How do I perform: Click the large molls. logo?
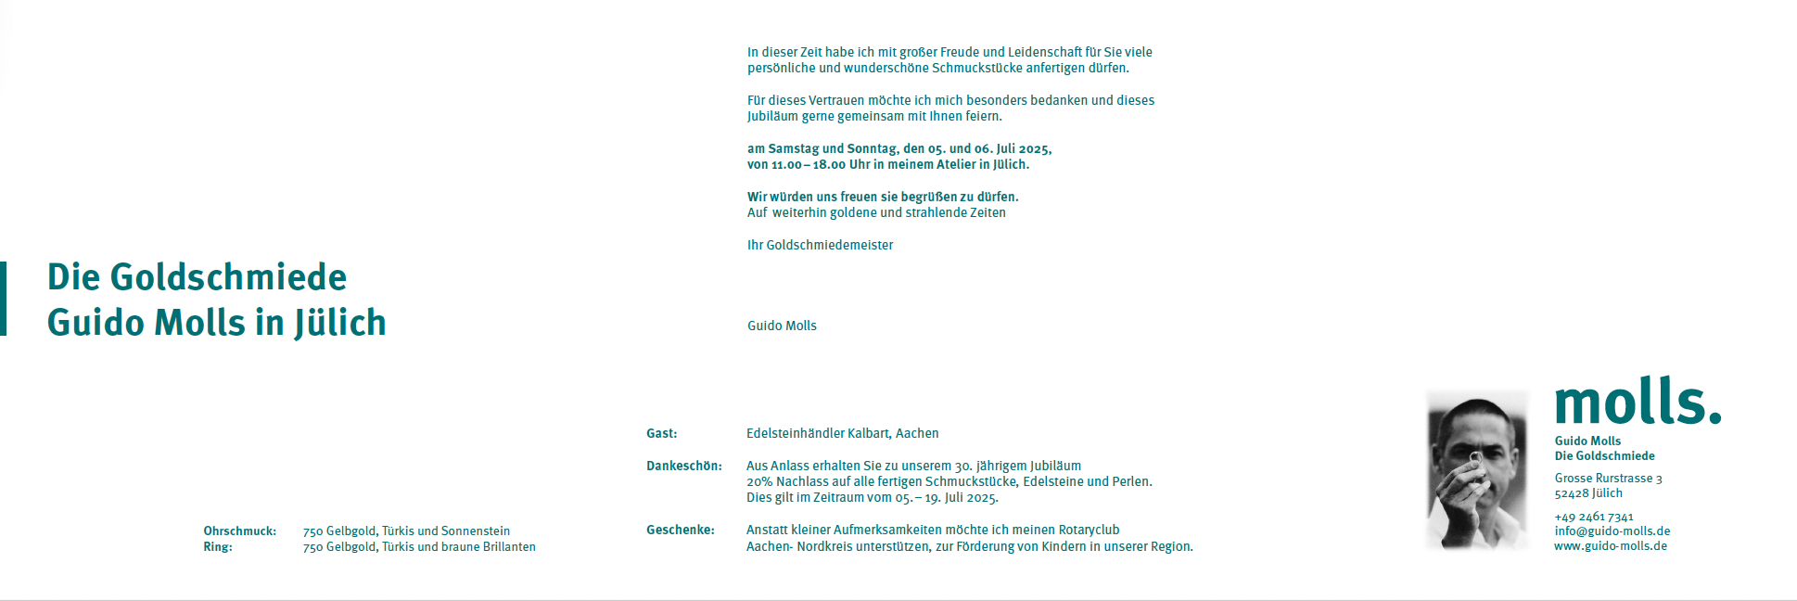pyautogui.click(x=1637, y=402)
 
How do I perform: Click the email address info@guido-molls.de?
pyautogui.click(x=1612, y=531)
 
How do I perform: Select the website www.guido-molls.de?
pyautogui.click(x=1611, y=546)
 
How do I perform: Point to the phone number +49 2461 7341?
pyautogui.click(x=1594, y=517)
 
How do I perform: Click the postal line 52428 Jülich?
pyautogui.click(x=1588, y=493)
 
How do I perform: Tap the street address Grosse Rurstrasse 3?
pyautogui.click(x=1608, y=479)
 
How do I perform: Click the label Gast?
pyautogui.click(x=662, y=433)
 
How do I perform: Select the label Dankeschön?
pyautogui.click(x=683, y=466)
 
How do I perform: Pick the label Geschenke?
pyautogui.click(x=680, y=530)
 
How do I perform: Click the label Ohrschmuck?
pyautogui.click(x=239, y=531)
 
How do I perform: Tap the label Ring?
pyautogui.click(x=218, y=547)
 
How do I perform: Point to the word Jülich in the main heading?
pyautogui.click(x=340, y=323)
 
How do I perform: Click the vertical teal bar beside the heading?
pyautogui.click(x=4, y=299)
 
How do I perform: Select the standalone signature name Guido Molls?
pyautogui.click(x=782, y=326)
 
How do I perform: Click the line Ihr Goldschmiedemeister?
pyautogui.click(x=820, y=245)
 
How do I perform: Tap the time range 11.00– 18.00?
pyautogui.click(x=809, y=165)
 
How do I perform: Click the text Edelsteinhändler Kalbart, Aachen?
pyautogui.click(x=842, y=433)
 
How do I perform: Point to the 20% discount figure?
pyautogui.click(x=758, y=481)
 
